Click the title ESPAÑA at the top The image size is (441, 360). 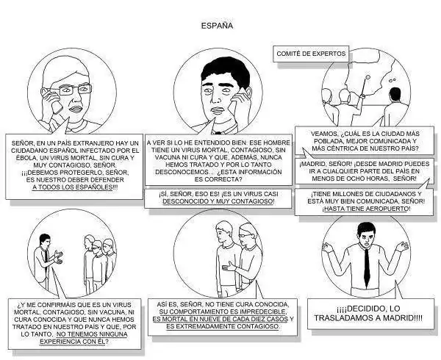click(217, 26)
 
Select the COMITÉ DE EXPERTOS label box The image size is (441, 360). click(311, 54)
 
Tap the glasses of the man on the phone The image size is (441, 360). click(75, 90)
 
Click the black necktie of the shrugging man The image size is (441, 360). click(367, 267)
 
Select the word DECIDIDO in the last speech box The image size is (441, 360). click(365, 309)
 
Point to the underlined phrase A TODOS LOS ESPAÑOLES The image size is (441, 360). click(72, 187)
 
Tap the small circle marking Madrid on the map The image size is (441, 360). click(367, 76)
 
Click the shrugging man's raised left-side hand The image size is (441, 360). click(327, 248)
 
